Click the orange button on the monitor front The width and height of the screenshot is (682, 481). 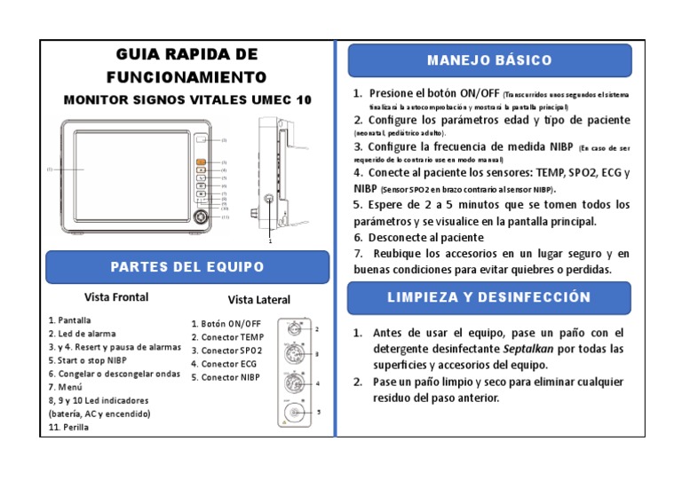click(x=201, y=162)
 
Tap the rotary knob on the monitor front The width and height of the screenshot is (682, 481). click(x=202, y=217)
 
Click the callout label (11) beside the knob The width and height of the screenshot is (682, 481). click(x=226, y=217)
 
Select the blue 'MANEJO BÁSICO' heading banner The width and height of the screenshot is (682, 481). click(x=488, y=60)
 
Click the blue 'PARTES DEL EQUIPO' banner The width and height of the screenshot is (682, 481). click(x=186, y=267)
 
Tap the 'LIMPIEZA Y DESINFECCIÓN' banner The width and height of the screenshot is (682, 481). click(x=488, y=297)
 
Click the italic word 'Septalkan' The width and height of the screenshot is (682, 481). click(x=531, y=349)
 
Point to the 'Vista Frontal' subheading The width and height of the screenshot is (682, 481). click(x=116, y=297)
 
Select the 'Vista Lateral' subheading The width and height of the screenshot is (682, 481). click(x=258, y=300)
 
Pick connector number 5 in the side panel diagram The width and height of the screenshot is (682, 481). click(x=295, y=413)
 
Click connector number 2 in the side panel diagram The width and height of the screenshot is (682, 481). click(x=295, y=332)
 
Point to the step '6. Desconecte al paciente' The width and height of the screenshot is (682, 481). click(x=418, y=238)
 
